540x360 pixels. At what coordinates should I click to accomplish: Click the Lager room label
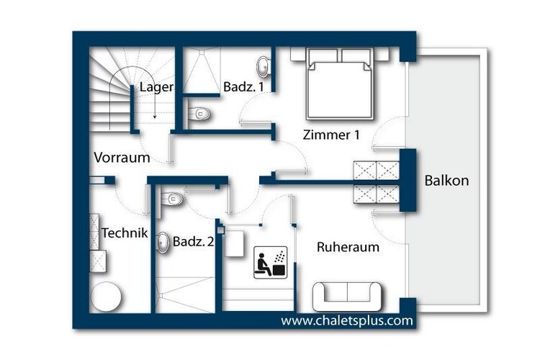click(156, 87)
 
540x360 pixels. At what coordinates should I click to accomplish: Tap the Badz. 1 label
click(243, 86)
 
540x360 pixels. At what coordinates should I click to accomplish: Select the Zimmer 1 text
click(331, 135)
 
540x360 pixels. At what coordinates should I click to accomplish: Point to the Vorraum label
click(122, 158)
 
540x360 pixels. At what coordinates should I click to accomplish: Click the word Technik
click(125, 233)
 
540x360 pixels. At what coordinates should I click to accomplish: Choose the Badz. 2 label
click(193, 241)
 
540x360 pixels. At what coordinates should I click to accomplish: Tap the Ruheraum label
click(348, 247)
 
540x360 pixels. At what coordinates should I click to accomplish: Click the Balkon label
click(446, 180)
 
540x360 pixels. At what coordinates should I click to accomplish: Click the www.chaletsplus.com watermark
click(347, 320)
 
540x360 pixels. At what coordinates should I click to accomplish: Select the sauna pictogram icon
click(270, 263)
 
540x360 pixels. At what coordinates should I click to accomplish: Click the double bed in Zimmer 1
click(340, 84)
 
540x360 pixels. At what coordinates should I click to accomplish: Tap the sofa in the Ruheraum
click(347, 297)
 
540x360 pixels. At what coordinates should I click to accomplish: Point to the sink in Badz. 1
click(264, 66)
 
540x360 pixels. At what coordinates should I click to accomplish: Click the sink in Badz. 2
click(163, 243)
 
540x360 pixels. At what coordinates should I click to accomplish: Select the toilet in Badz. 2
click(171, 199)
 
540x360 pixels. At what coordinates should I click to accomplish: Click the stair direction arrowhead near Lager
click(155, 117)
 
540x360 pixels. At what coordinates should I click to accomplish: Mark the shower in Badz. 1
click(201, 71)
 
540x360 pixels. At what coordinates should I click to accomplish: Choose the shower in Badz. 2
click(186, 294)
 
